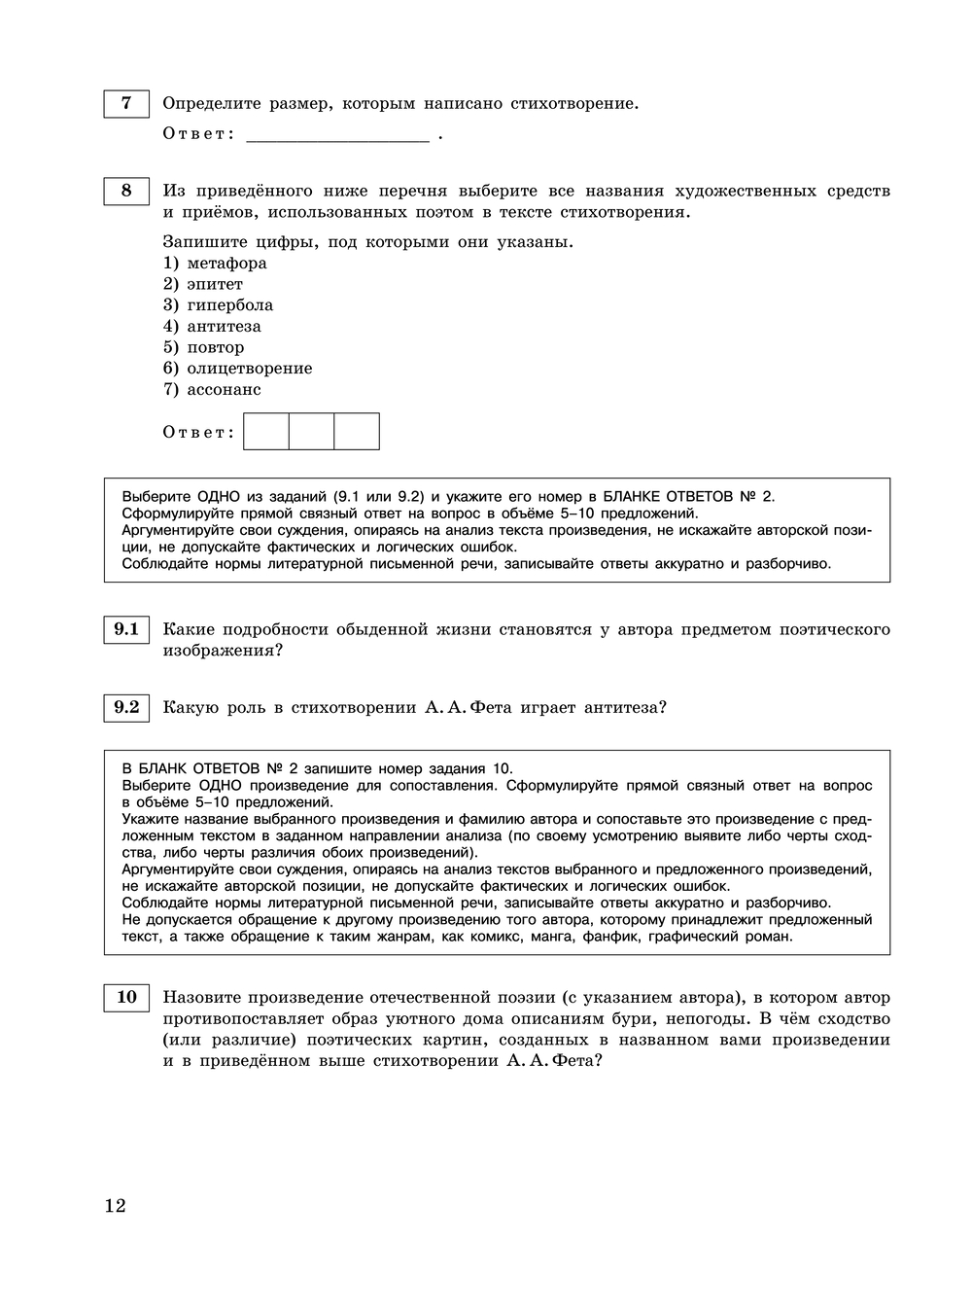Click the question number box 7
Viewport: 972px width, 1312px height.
126,103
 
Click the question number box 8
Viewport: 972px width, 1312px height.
126,191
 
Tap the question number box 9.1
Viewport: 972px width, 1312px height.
126,629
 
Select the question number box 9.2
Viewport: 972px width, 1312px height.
126,707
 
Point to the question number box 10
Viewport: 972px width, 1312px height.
126,997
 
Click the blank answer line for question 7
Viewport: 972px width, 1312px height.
337,135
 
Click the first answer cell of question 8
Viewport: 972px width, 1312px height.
266,432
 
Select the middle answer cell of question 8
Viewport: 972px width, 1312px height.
311,432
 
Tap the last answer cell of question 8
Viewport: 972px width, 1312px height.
357,432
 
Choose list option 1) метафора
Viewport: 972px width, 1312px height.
215,264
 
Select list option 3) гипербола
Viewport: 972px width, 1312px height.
218,305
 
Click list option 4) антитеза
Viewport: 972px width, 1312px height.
212,327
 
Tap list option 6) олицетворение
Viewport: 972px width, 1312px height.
237,369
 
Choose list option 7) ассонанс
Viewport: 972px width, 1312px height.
212,390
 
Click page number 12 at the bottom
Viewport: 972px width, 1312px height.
115,1206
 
